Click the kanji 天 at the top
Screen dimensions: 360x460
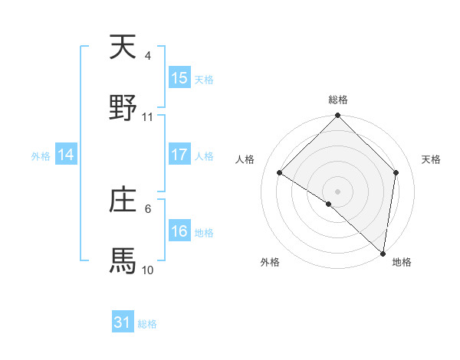123,47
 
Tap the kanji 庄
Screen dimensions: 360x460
123,201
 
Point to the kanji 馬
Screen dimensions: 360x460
123,261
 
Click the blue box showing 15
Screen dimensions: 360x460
179,78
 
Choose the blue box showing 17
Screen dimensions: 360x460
179,155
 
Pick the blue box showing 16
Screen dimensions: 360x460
179,231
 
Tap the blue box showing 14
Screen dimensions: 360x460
66,155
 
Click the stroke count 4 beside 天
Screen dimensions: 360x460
148,56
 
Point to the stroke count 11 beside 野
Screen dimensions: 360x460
148,117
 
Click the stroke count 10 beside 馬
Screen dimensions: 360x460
148,270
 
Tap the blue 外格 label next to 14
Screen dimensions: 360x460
41,155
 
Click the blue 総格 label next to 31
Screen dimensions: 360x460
147,324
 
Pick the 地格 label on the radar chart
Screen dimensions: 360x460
402,262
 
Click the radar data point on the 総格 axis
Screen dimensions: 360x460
338,116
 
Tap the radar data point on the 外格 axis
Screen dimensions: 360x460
329,204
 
